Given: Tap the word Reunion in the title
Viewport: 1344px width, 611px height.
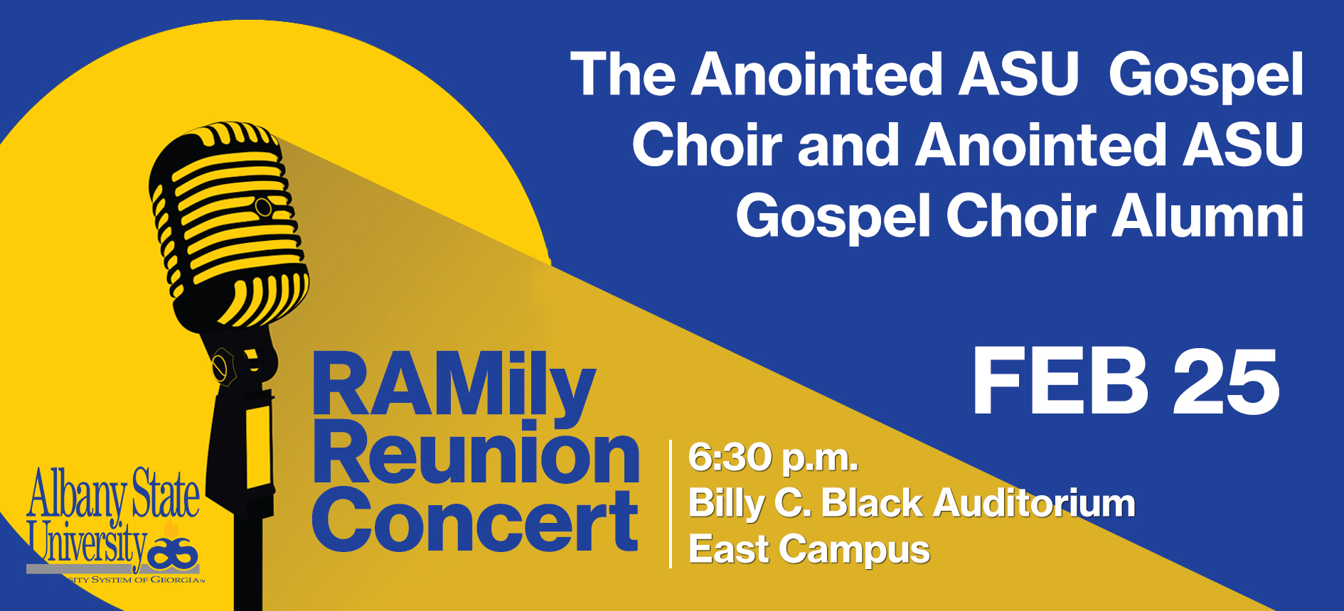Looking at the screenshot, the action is [476, 453].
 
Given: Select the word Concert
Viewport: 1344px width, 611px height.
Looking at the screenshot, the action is [475, 521].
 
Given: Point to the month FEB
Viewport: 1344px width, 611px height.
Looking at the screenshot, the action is [1060, 382].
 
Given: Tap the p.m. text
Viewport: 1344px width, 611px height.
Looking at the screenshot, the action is [820, 460].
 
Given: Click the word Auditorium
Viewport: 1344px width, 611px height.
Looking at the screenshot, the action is [1035, 503].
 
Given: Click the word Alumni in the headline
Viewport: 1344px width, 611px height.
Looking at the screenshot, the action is [1208, 215].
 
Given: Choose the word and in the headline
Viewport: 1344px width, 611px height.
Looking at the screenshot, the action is [848, 145].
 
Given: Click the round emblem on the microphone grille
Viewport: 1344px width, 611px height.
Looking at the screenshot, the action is [263, 207].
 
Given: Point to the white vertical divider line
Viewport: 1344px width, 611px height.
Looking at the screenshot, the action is [671, 504].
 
